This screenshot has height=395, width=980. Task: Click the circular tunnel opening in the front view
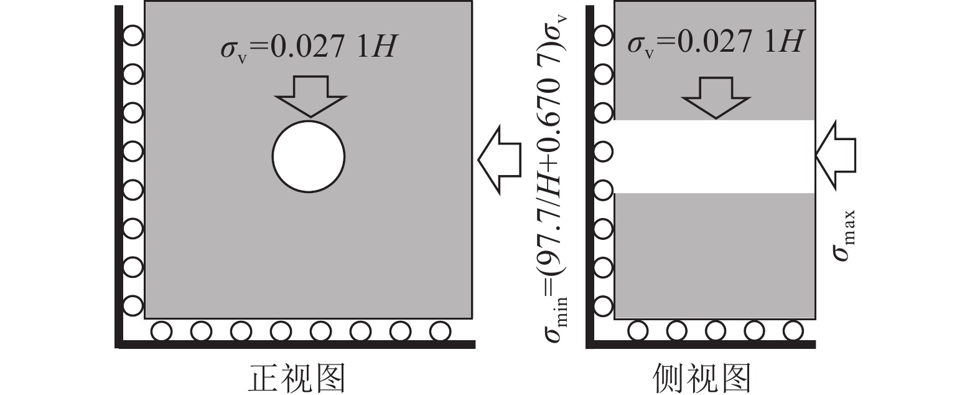pos(308,156)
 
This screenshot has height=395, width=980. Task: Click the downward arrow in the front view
pos(310,97)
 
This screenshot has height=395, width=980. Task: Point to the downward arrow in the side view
pos(716,98)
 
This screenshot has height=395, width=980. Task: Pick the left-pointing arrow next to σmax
pos(836,156)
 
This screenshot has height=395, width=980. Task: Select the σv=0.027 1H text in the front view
pos(308,45)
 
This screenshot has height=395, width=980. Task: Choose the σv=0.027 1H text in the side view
pos(715,42)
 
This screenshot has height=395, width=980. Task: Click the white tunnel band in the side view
pos(714,156)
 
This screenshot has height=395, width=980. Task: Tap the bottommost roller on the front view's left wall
pos(133,306)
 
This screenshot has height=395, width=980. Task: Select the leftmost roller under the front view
pos(161,330)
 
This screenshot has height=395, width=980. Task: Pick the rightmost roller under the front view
pos(440,330)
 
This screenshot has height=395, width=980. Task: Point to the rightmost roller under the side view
pos(793,330)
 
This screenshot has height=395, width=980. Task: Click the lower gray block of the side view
pos(714,255)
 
